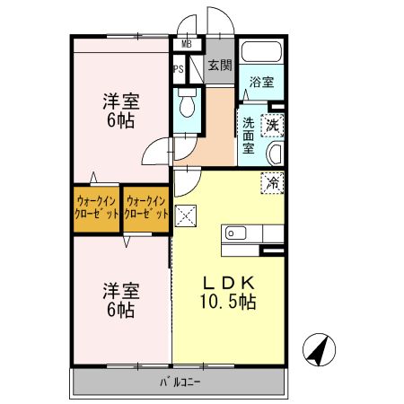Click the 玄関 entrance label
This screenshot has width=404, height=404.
(x=220, y=65)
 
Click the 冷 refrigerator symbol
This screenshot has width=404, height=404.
(x=272, y=182)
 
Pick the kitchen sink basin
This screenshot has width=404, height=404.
(x=236, y=233)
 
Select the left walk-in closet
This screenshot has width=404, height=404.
(x=97, y=208)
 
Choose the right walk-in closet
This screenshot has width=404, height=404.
(x=146, y=208)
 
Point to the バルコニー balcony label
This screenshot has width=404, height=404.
(x=180, y=382)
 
